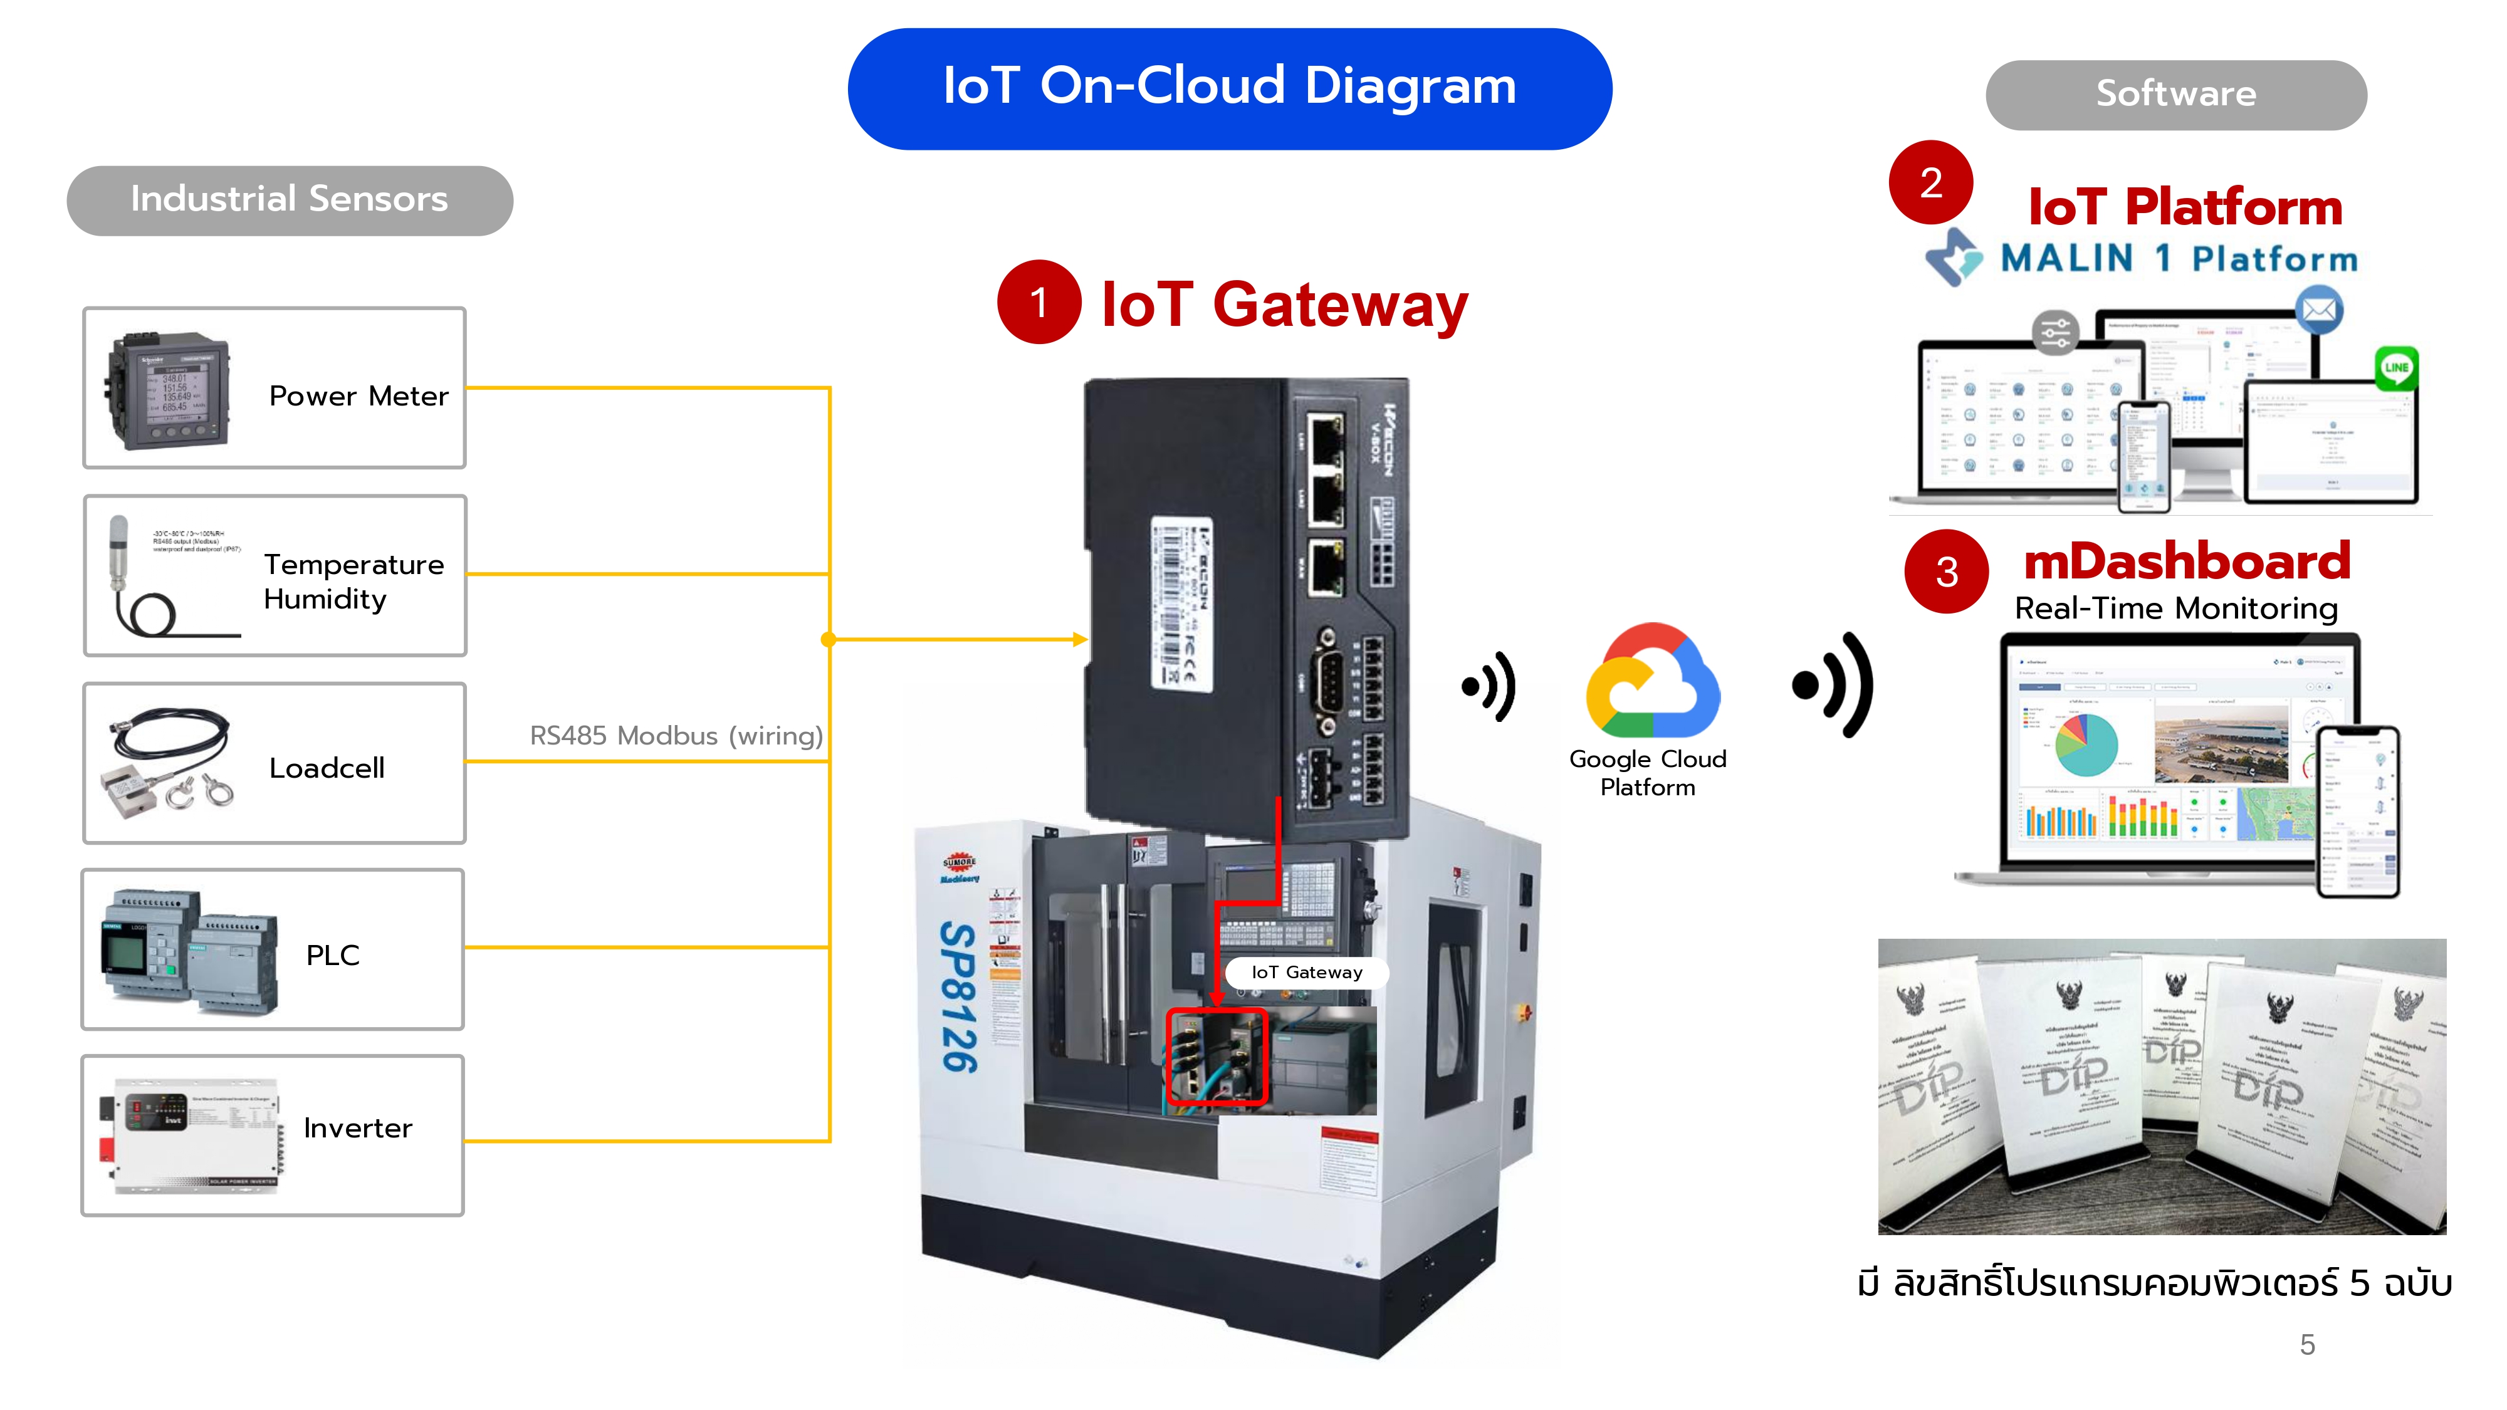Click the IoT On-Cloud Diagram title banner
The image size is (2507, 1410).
coord(1229,88)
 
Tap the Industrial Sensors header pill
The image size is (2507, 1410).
coord(289,199)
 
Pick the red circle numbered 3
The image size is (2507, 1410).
coord(1947,571)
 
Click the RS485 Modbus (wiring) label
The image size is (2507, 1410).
coord(676,736)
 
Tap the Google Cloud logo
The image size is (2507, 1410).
coord(1651,681)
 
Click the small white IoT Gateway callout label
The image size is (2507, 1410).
coord(1306,972)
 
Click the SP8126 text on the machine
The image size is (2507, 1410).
coord(958,998)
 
